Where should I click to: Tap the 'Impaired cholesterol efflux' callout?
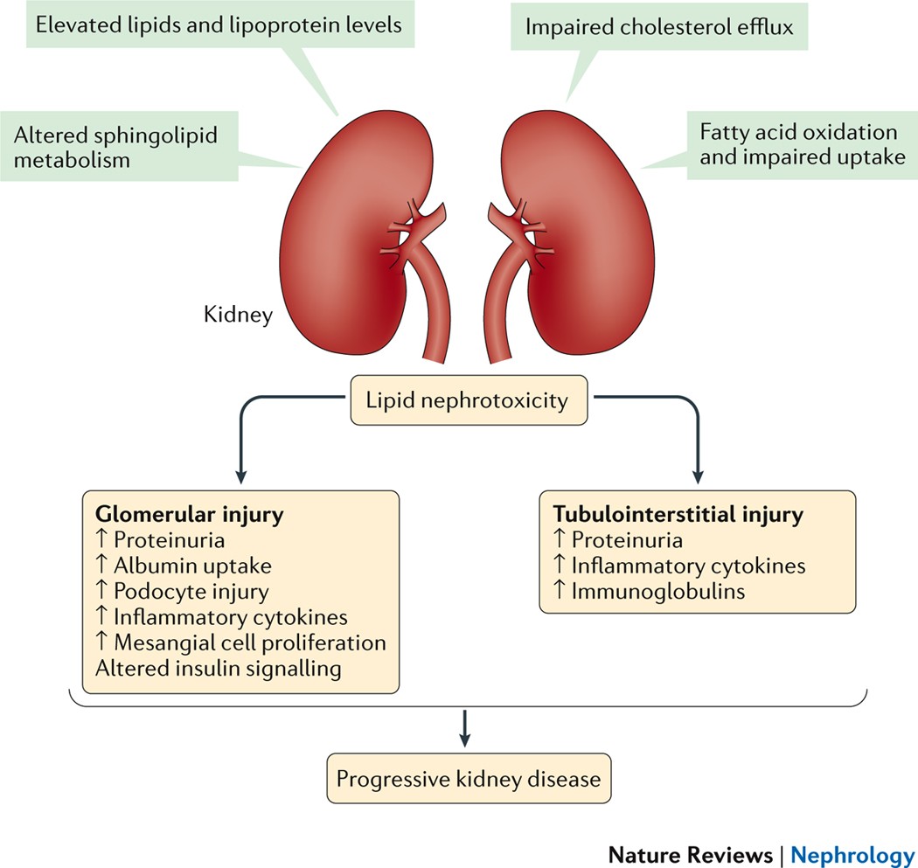(658, 26)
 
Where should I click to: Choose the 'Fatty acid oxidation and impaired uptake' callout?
(798, 145)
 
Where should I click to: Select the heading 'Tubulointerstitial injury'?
(671, 516)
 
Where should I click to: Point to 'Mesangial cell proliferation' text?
(250, 642)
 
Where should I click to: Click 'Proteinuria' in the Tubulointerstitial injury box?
(625, 541)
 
